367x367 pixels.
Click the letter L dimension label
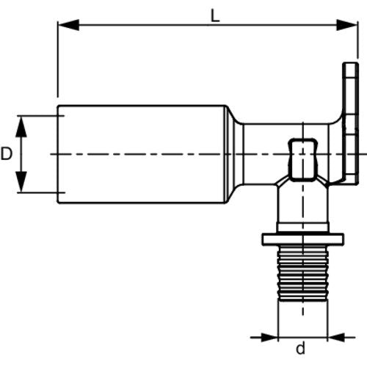click(215, 16)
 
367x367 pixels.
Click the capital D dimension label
click(7, 154)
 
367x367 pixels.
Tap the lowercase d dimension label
click(301, 348)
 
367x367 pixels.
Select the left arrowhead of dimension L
click(68, 25)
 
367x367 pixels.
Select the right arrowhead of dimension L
click(347, 25)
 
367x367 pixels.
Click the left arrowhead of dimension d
click(270, 338)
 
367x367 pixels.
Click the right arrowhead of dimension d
click(335, 338)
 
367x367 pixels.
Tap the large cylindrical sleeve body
click(142, 154)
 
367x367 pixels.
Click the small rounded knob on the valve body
click(302, 160)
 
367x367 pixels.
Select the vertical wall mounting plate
click(350, 123)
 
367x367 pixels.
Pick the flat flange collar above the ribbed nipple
click(303, 239)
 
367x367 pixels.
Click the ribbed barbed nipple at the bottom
click(303, 273)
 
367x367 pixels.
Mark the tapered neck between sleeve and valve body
click(234, 154)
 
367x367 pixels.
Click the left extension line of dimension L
click(57, 59)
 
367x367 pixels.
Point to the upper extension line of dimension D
click(40, 116)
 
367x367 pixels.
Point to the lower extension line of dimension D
click(40, 192)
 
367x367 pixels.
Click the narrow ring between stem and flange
click(302, 228)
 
